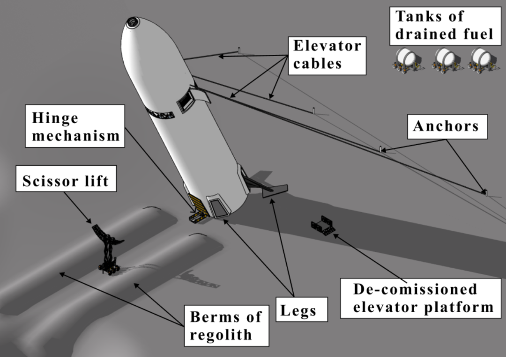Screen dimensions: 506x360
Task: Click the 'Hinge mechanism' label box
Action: [75, 126]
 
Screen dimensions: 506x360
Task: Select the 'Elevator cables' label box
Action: [327, 56]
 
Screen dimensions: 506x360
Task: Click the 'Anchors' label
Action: [447, 126]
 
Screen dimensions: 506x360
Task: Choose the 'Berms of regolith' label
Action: [227, 325]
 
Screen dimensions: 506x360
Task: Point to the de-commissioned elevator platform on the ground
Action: [323, 225]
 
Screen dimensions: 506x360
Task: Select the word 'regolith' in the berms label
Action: [221, 335]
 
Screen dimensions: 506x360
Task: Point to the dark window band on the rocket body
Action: [161, 114]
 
